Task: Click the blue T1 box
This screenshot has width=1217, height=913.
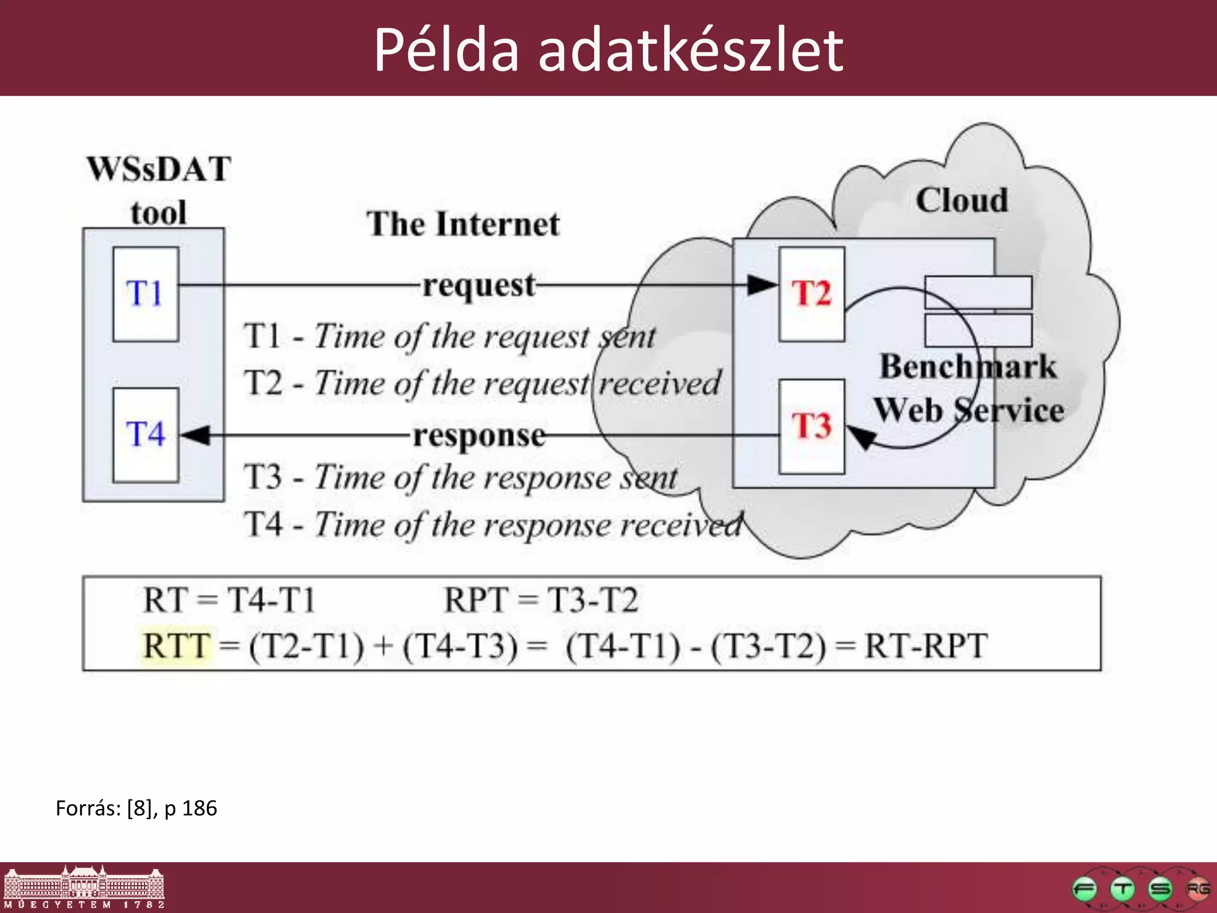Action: [146, 294]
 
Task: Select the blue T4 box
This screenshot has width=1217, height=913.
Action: [146, 435]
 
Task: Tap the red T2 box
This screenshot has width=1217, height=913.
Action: [812, 294]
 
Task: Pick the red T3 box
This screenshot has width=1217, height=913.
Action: [812, 427]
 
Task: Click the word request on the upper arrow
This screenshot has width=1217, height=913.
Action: [479, 286]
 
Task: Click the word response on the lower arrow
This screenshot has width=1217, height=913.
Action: [479, 436]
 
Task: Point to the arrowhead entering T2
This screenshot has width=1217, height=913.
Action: [762, 285]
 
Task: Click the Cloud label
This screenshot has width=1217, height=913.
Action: [961, 201]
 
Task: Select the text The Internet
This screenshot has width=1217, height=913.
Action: [463, 225]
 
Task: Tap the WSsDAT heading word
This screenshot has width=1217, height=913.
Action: [159, 169]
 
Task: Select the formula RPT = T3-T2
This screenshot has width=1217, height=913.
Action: [541, 600]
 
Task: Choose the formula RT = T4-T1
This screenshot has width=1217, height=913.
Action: [229, 600]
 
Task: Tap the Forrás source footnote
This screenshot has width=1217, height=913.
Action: [136, 808]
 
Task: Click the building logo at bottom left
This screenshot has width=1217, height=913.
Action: [83, 887]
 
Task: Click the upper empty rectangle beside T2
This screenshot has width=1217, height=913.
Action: [978, 292]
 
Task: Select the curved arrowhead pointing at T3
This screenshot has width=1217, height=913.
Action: [862, 437]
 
